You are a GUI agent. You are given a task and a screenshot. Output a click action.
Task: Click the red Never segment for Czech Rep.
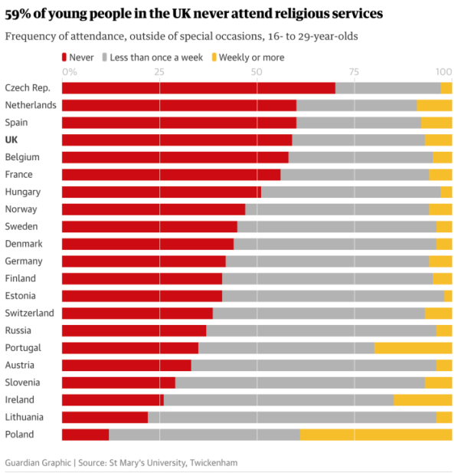point(198,88)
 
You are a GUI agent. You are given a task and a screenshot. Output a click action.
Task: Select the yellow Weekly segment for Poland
point(375,435)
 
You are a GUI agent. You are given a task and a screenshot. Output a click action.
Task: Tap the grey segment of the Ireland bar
point(278,400)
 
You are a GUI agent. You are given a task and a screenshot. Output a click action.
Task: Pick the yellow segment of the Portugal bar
point(413,348)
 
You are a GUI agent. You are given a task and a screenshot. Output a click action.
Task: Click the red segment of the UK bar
point(177,140)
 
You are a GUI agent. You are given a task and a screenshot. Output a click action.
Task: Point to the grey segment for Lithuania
point(292,417)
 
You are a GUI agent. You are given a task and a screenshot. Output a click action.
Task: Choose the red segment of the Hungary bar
point(161,192)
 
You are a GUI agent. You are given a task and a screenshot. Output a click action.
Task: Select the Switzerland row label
point(29,314)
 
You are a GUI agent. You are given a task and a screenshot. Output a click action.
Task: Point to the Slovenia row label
point(23,383)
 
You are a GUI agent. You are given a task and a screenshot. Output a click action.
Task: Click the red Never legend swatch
point(64,57)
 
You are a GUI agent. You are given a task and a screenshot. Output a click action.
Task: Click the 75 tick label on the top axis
point(354,71)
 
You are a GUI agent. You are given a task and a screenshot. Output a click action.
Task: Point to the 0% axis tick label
point(69,71)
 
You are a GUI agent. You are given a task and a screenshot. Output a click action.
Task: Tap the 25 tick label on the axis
point(159,71)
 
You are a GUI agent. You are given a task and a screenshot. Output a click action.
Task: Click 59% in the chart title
point(20,14)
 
